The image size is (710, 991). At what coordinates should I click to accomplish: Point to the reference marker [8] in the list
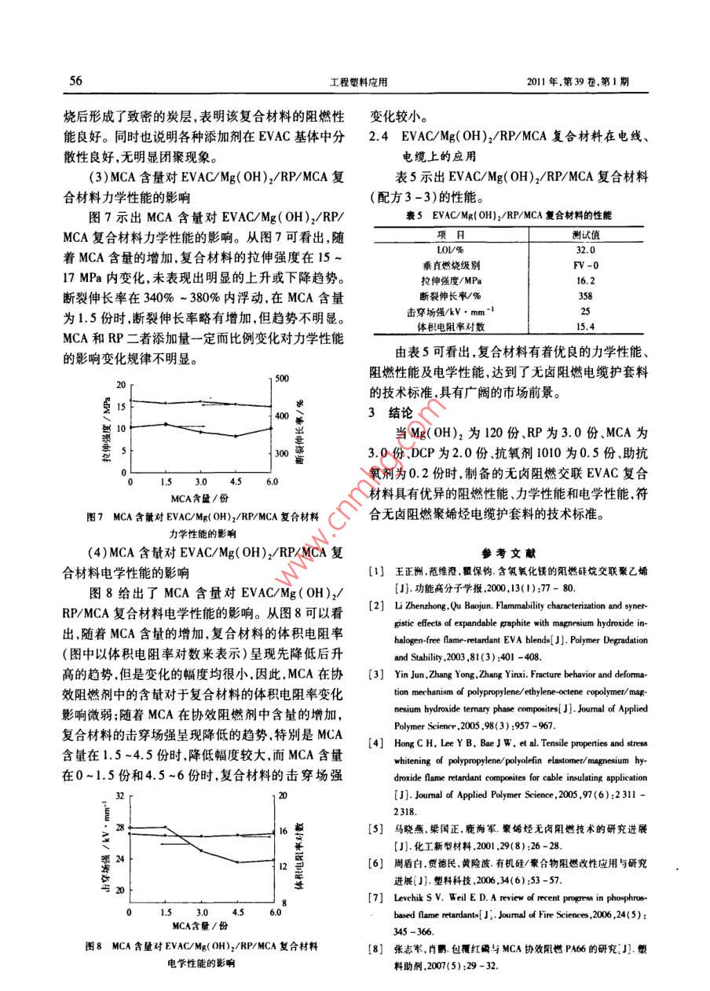coord(378,949)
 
